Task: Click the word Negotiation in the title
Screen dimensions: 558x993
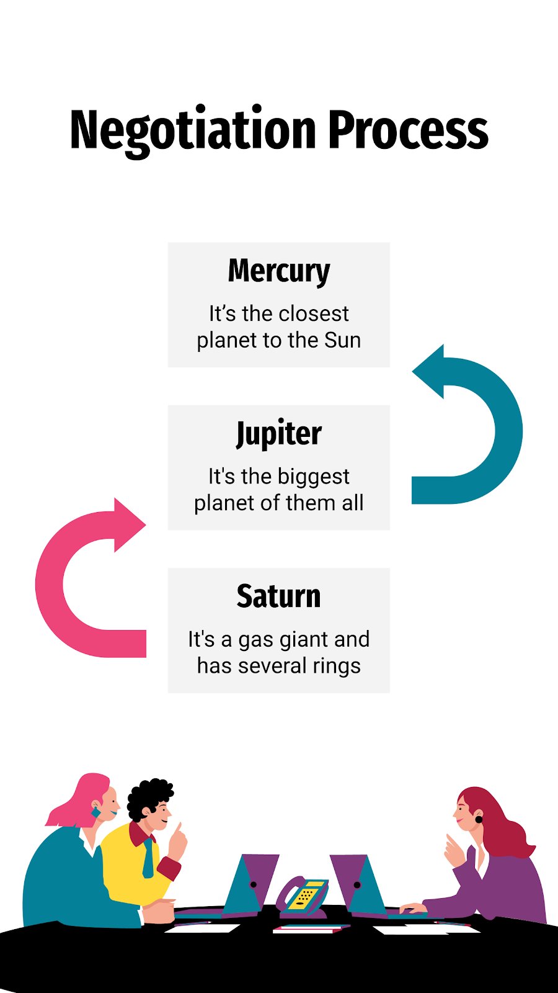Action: click(193, 131)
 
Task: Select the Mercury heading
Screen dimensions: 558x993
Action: click(279, 271)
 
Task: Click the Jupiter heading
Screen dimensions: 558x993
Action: click(279, 434)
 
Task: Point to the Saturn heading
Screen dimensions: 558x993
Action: click(278, 596)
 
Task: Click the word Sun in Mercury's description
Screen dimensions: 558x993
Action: click(342, 341)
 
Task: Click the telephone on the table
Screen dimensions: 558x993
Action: click(303, 896)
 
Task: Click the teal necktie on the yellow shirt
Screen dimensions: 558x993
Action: click(148, 858)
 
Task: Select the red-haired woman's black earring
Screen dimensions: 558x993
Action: click(479, 820)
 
